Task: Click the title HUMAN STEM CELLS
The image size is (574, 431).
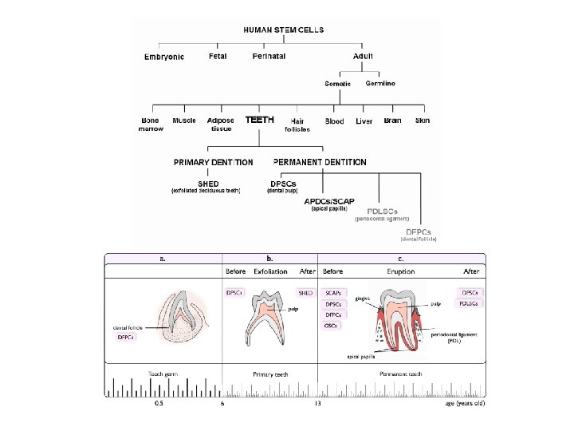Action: tap(283, 30)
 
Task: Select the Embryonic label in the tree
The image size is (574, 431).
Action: tap(164, 57)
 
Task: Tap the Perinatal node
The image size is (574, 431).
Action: tap(269, 56)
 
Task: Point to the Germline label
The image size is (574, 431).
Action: tap(380, 83)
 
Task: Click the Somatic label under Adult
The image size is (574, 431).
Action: tap(338, 84)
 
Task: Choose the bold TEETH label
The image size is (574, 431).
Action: tap(260, 120)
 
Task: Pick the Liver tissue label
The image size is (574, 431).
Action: tap(364, 121)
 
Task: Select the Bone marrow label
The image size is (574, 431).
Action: tap(150, 125)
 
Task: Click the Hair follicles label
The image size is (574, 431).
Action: tap(297, 125)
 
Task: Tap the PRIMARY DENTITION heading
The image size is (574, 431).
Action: tap(214, 162)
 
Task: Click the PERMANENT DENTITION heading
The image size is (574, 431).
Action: tap(320, 162)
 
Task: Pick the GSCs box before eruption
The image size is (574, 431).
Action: tap(330, 326)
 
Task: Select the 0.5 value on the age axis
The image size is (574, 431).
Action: tap(159, 403)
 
